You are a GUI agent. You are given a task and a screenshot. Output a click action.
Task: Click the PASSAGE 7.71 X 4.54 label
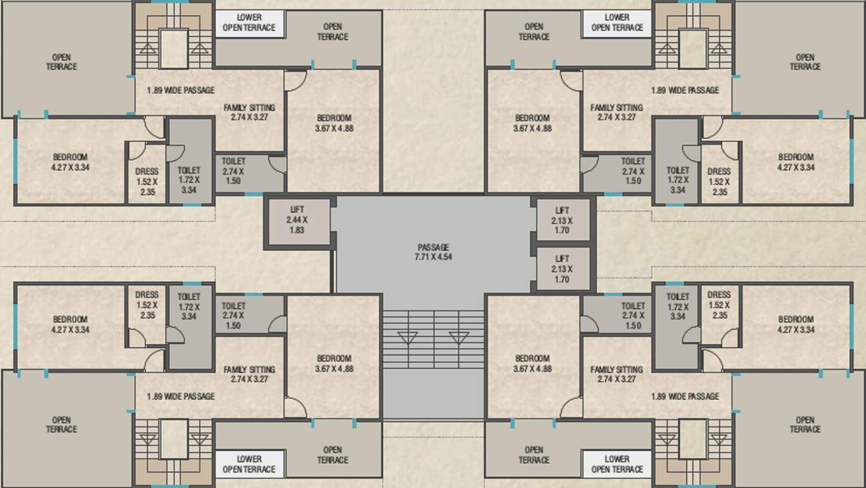pos(434,252)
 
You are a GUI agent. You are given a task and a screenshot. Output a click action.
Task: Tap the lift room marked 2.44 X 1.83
pos(298,220)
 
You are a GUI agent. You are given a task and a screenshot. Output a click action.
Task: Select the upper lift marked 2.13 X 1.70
pos(562,220)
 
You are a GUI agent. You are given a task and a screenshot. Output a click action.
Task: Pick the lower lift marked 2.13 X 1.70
pos(562,269)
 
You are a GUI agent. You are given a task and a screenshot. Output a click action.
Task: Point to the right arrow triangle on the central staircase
pos(459,337)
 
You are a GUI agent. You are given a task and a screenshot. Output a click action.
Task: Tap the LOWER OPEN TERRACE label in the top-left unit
pos(249,23)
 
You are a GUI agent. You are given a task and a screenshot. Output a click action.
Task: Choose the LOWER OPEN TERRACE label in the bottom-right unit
pos(617,464)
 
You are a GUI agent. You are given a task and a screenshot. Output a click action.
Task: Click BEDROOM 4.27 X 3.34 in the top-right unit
pos(795,162)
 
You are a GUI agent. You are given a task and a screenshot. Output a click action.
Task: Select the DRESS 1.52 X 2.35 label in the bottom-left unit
pos(147,305)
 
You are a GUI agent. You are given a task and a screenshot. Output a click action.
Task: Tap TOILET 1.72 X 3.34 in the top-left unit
pos(189,180)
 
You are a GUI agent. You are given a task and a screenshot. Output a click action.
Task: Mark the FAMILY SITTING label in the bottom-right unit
pos(616,374)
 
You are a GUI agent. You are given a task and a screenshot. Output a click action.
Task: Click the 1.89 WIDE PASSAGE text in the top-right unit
pos(685,91)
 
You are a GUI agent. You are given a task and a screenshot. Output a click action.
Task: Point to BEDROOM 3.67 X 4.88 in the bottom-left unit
pos(334,363)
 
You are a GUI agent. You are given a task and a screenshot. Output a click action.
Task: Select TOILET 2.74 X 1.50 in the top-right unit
pos(633,171)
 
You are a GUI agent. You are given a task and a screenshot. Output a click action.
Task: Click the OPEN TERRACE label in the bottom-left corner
pos(62,424)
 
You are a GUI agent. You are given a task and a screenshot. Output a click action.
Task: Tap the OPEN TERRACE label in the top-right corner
pos(804,62)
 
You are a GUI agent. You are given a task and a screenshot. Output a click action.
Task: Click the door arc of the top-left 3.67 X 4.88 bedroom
pos(295,80)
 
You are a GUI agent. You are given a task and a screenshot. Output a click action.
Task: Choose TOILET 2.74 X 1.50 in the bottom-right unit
pos(633,316)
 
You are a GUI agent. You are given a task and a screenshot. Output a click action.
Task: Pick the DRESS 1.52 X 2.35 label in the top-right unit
pos(719,181)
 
